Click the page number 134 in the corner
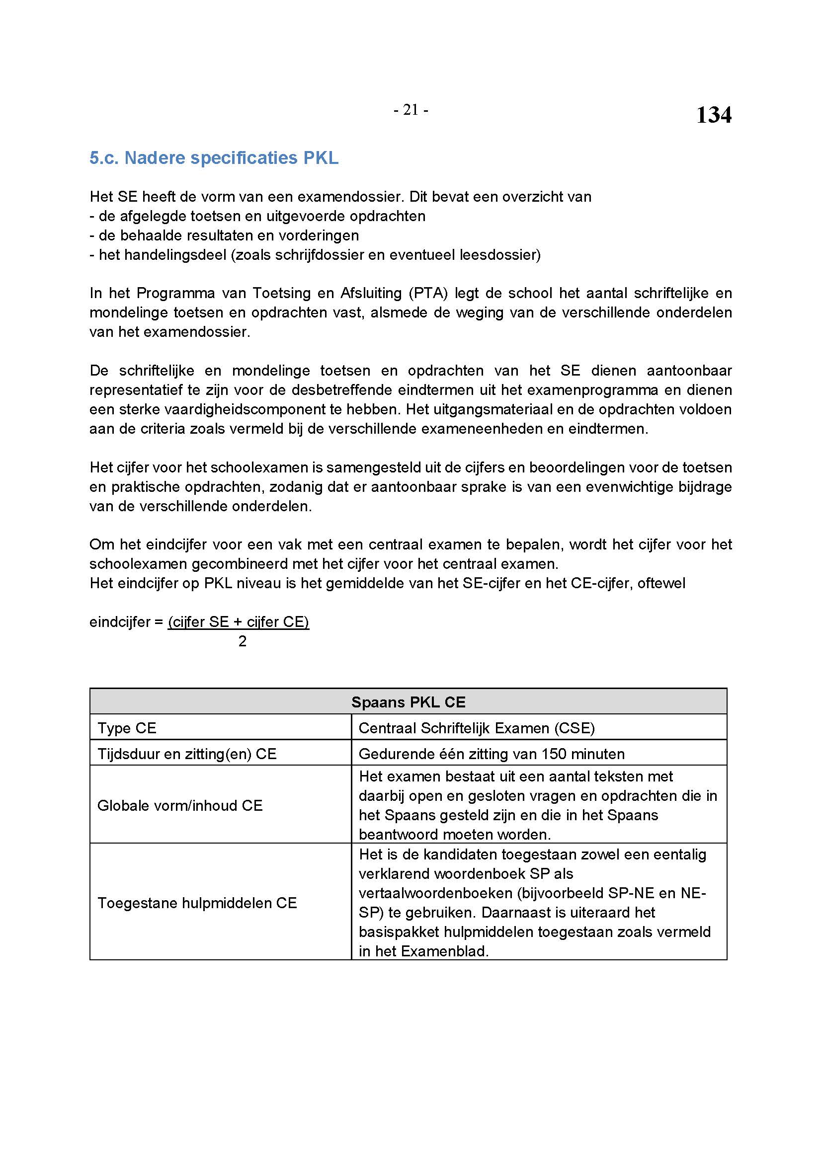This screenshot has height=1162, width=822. click(x=713, y=115)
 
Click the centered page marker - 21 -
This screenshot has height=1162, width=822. click(x=411, y=110)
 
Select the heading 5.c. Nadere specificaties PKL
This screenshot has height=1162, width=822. click(x=214, y=158)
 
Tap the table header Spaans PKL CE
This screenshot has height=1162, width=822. click(x=408, y=702)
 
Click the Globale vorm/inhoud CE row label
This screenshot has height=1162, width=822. click(x=180, y=805)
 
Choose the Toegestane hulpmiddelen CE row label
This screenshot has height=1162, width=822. click(x=197, y=903)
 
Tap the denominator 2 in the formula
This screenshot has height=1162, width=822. click(x=243, y=641)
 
